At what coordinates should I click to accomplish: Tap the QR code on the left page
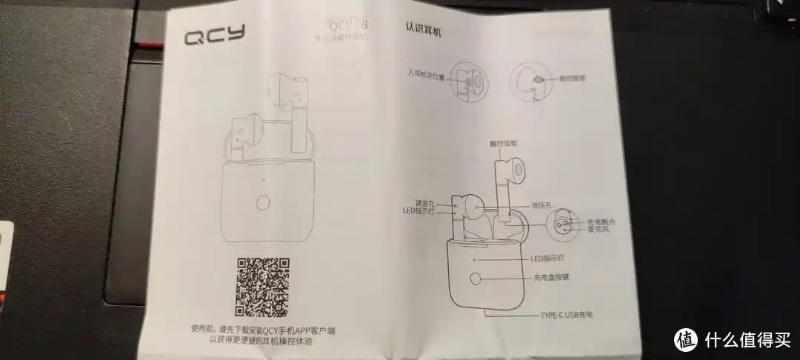click(x=261, y=286)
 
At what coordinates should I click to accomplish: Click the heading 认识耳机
click(x=424, y=30)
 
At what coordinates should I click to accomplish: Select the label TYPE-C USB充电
click(x=567, y=315)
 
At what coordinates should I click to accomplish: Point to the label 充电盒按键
click(x=554, y=279)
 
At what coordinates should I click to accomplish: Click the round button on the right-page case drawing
click(x=476, y=280)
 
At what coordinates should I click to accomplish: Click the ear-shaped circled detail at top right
click(x=530, y=78)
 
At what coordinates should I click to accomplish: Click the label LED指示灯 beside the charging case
click(x=548, y=259)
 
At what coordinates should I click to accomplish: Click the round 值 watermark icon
click(x=685, y=339)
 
